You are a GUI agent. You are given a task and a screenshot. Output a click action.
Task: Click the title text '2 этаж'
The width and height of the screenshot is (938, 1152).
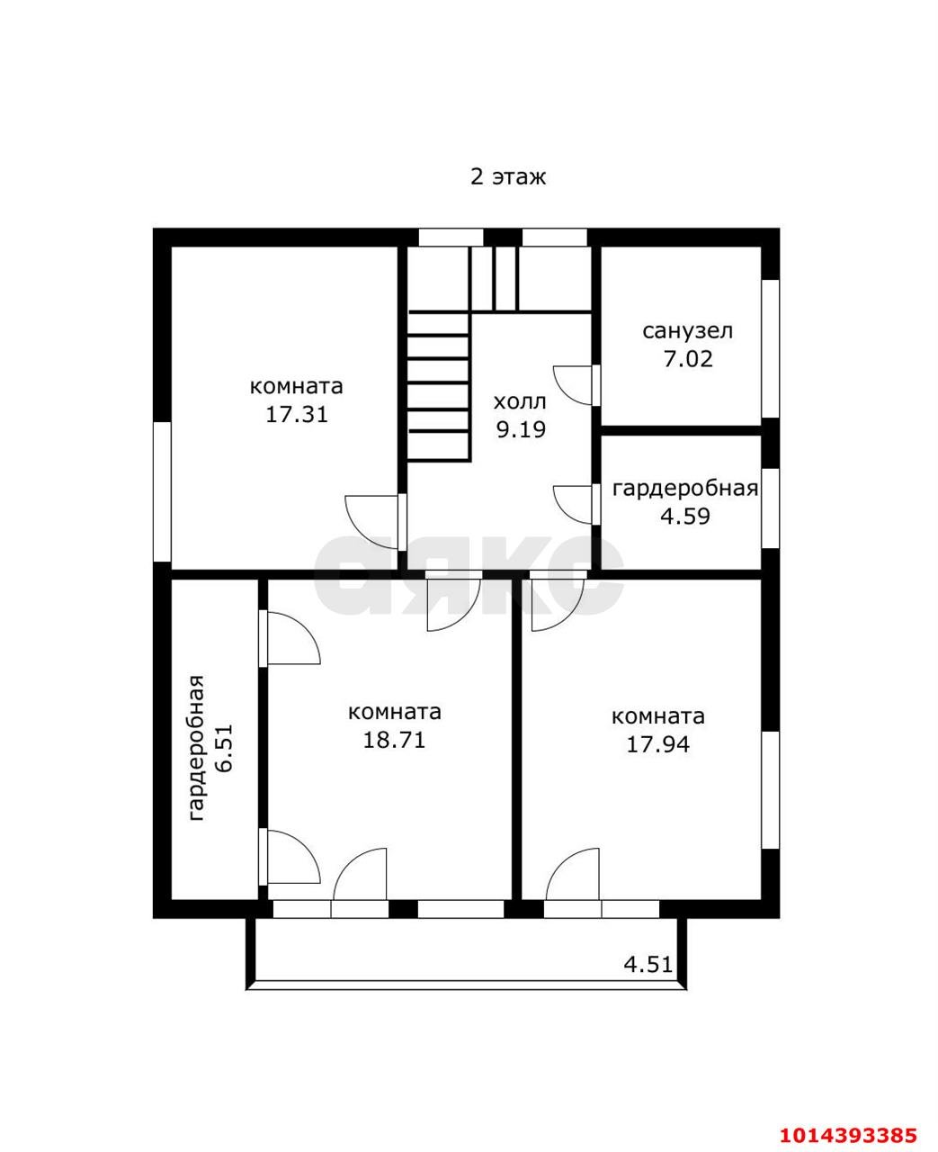click(x=508, y=177)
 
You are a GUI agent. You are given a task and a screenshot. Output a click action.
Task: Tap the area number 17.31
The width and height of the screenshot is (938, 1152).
click(x=297, y=415)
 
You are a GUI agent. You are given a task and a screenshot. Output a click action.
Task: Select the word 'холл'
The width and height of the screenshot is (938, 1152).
click(x=520, y=401)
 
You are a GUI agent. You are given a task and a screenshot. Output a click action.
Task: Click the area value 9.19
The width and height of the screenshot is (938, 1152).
click(x=521, y=429)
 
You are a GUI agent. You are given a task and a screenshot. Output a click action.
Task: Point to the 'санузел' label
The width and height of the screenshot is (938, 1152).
click(x=687, y=331)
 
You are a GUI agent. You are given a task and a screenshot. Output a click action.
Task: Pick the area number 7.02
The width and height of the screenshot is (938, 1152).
click(x=688, y=359)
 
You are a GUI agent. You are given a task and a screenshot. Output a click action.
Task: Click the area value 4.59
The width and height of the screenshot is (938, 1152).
click(x=685, y=516)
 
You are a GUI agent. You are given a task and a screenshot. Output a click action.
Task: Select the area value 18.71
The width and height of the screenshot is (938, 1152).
click(x=394, y=739)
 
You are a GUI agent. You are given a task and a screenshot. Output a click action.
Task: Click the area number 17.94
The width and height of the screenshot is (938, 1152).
click(x=657, y=743)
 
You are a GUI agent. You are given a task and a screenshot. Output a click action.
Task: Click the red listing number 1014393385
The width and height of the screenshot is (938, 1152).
click(x=848, y=1115)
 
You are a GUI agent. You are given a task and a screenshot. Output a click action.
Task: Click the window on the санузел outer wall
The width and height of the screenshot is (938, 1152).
click(x=770, y=349)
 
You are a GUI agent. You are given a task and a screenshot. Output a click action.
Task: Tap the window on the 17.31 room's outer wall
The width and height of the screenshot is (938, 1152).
click(x=162, y=491)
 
